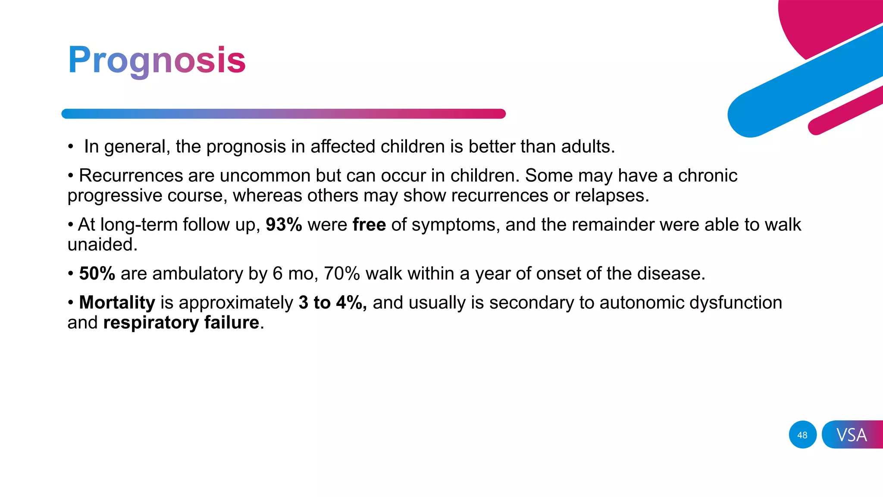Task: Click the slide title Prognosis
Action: [x=157, y=60]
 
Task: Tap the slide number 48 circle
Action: [x=802, y=435]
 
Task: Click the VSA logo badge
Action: [x=852, y=435]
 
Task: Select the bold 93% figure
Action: [x=284, y=225]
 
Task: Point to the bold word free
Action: [x=369, y=225]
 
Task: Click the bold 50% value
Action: [x=97, y=274]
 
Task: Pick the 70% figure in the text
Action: [x=341, y=274]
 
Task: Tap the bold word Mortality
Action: [x=117, y=302]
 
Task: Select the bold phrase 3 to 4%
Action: [x=332, y=302]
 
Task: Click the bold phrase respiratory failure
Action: [x=181, y=323]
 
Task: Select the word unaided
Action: [x=102, y=245]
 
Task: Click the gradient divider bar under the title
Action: [x=283, y=114]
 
